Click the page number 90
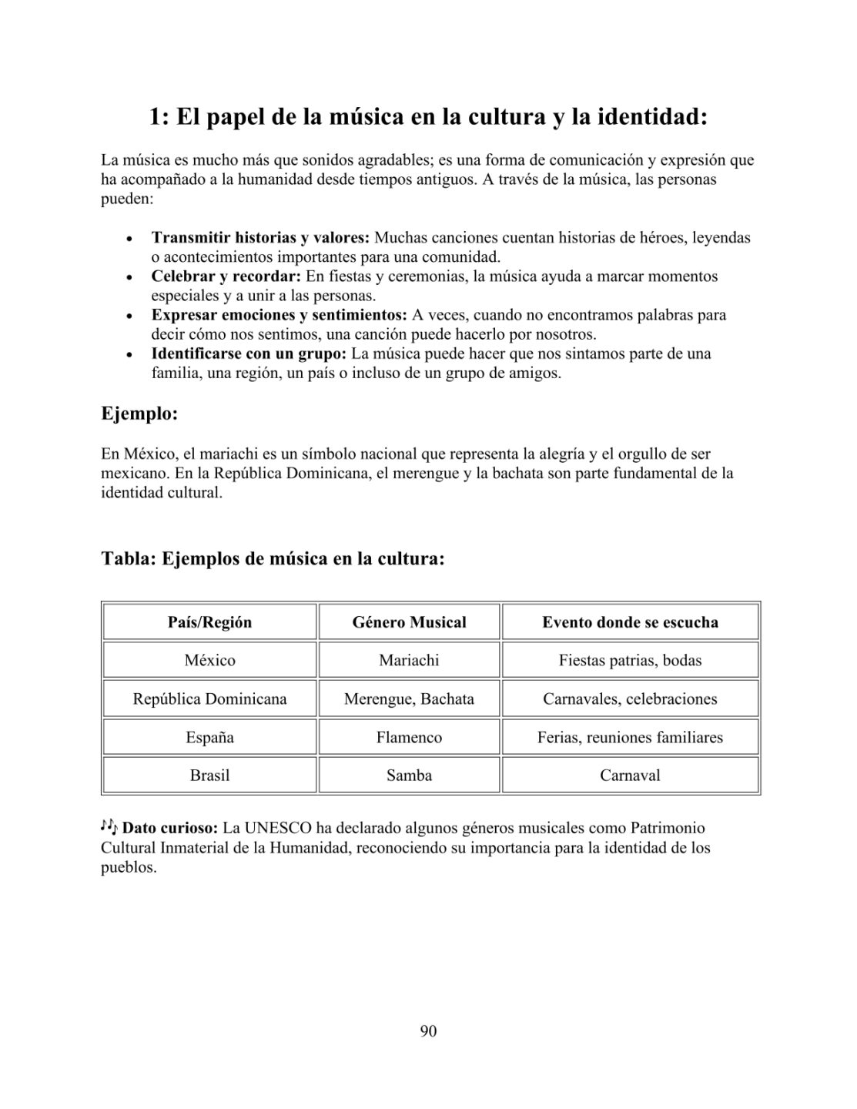pos(428,1031)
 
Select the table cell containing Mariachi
pos(409,660)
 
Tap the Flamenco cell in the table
pos(409,737)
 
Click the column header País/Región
pos(209,622)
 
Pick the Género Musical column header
pos(409,622)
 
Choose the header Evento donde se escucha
pos(630,622)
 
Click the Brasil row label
pos(209,776)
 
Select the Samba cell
pos(409,776)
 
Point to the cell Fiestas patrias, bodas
pos(630,660)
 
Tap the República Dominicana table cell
pos(209,699)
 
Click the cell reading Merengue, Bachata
pos(409,699)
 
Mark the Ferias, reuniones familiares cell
pos(630,737)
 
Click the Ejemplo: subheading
pos(139,414)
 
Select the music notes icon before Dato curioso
pos(109,827)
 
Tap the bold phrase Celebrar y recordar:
pos(226,276)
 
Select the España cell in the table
pos(209,737)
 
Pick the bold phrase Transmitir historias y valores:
pos(260,237)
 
